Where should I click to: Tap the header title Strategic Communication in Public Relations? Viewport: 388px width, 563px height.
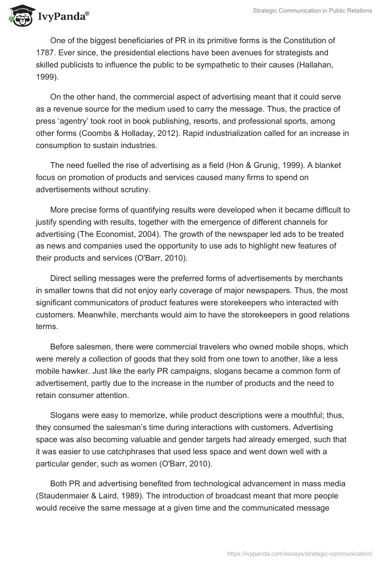pyautogui.click(x=313, y=11)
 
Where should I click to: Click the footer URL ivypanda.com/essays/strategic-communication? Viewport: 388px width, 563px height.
pyautogui.click(x=300, y=553)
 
